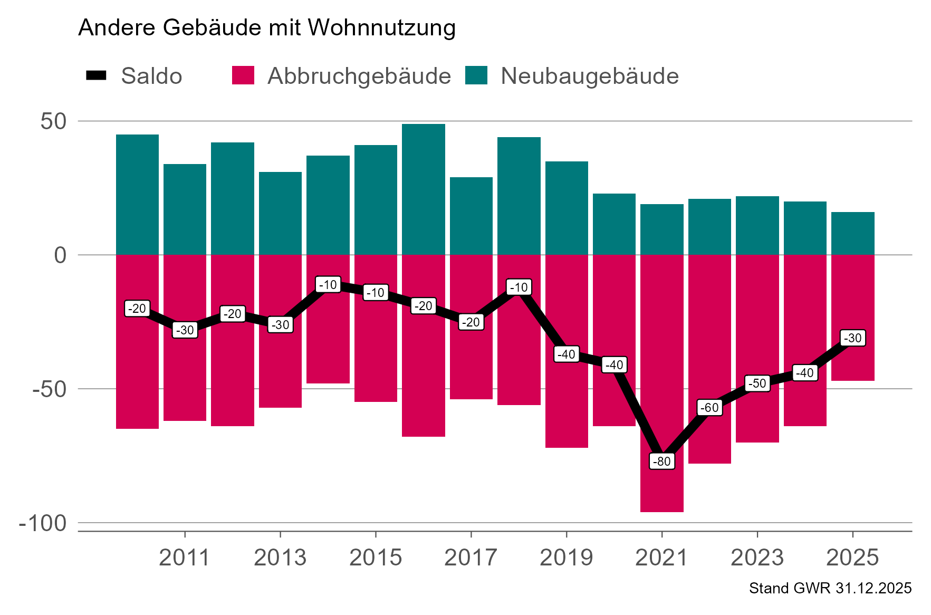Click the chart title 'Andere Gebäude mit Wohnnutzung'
267,27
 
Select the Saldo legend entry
135,76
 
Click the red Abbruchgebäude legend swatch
243,75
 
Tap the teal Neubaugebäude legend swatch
476,75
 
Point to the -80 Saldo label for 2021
662,462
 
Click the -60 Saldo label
709,408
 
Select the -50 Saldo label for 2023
757,383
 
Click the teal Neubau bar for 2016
423,190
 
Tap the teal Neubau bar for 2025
852,234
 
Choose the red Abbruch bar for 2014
328,338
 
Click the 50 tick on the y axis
53,122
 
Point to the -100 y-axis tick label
43,524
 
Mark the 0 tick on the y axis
61,255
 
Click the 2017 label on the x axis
471,558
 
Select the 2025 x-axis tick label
852,558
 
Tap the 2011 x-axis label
184,558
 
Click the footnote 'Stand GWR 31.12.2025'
830,589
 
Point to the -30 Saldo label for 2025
852,338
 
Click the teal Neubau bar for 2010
137,195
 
